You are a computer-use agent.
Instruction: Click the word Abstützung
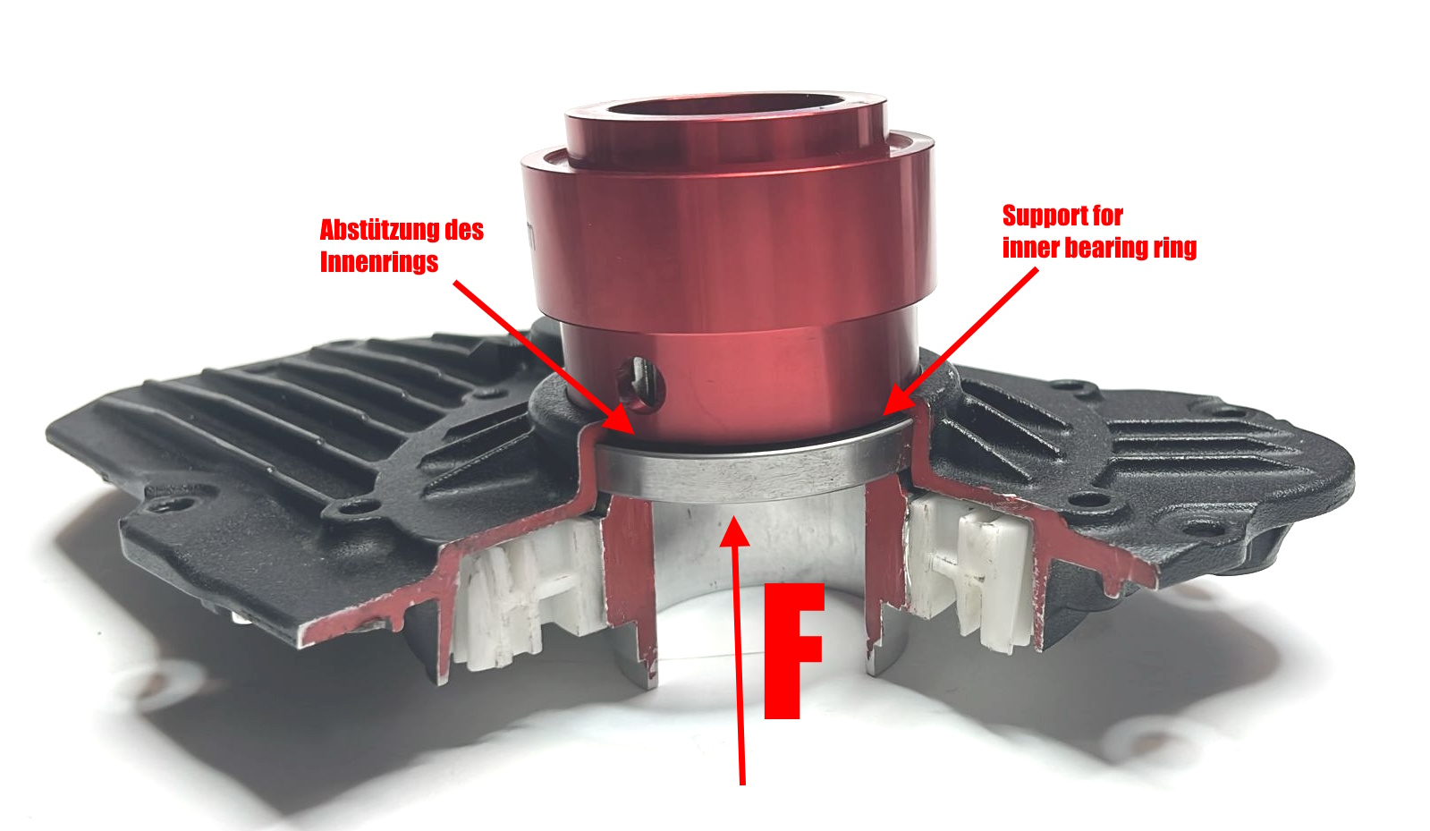(x=380, y=230)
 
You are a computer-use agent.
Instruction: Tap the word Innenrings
(x=378, y=262)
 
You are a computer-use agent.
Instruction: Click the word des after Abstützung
(x=465, y=230)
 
